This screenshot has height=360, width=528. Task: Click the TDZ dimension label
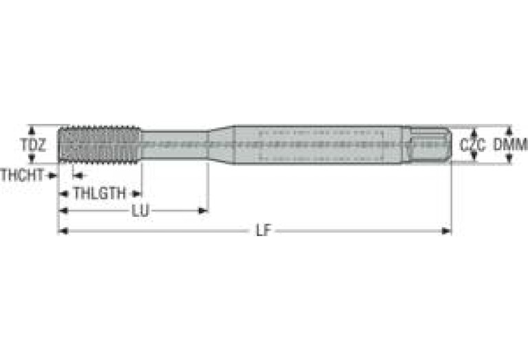(32, 145)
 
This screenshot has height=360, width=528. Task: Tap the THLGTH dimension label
(99, 193)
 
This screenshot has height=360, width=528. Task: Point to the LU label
(140, 211)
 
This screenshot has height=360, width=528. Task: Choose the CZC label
(473, 145)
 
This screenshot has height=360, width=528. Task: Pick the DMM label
(511, 145)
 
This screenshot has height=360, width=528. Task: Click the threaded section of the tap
(100, 145)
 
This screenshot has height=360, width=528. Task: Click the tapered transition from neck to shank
(220, 145)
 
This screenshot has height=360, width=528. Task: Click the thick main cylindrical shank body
(317, 145)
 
